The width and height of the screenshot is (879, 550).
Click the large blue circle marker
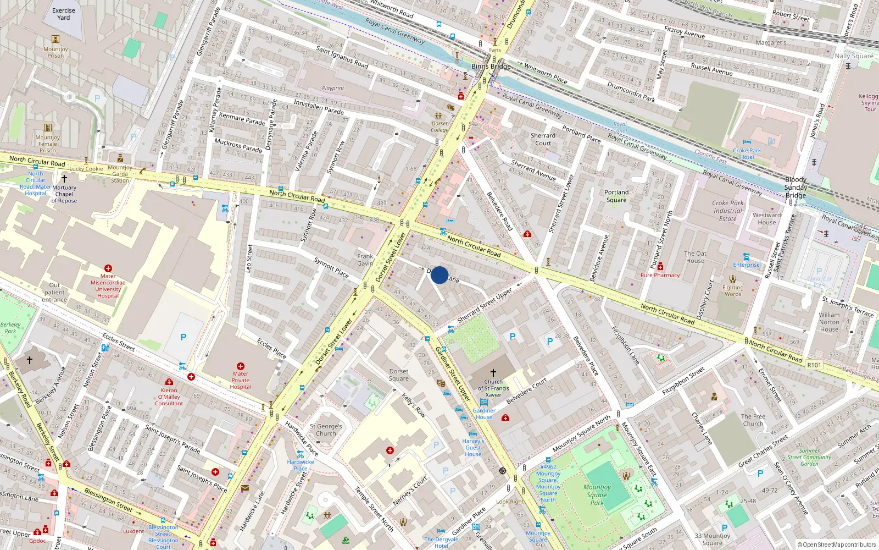pyautogui.click(x=439, y=275)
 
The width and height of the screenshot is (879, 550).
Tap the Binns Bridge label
pyautogui.click(x=491, y=67)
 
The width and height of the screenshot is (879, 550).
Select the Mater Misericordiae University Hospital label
pyautogui.click(x=108, y=286)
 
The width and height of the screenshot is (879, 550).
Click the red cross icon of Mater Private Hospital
pyautogui.click(x=240, y=366)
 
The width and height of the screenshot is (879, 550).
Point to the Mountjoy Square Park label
pyautogui.click(x=597, y=494)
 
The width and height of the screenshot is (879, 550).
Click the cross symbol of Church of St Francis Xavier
pyautogui.click(x=493, y=373)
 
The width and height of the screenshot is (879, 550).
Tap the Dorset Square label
pyautogui.click(x=399, y=375)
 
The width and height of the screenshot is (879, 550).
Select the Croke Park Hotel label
pyautogui.click(x=747, y=153)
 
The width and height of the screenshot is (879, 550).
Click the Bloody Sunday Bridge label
pyautogui.click(x=795, y=188)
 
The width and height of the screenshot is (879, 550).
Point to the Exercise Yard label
pyautogui.click(x=64, y=14)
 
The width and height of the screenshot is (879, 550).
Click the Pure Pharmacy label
pyautogui.click(x=660, y=275)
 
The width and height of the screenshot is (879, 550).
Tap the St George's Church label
pyautogui.click(x=326, y=430)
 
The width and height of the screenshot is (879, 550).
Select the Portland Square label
pyautogui.click(x=616, y=196)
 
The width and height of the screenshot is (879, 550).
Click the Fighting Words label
pyautogui.click(x=733, y=290)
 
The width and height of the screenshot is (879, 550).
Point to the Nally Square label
pyautogui.click(x=854, y=56)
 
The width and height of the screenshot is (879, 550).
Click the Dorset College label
pyautogui.click(x=439, y=127)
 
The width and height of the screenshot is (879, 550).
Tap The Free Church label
pyautogui.click(x=753, y=420)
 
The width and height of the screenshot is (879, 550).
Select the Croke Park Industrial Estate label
pyautogui.click(x=728, y=211)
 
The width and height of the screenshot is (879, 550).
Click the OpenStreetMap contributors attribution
pyautogui.click(x=837, y=545)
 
